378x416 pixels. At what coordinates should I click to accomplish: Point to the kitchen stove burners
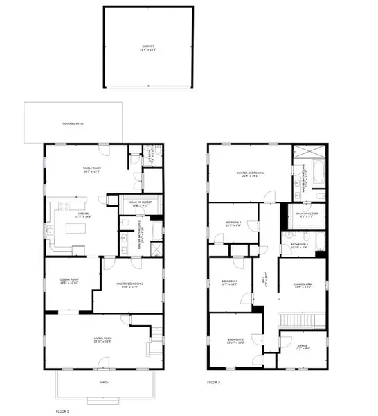coord(63,205)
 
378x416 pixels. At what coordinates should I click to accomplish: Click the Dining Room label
coord(70,279)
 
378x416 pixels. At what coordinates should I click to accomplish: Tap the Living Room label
coord(103,339)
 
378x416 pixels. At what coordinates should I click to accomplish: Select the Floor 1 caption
coord(64,411)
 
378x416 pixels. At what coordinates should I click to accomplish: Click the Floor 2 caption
coord(215,382)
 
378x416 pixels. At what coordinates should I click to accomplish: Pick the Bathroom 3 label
coord(299,244)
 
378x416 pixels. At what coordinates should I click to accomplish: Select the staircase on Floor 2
coord(300,320)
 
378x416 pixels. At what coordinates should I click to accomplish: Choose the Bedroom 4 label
coord(229,282)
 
